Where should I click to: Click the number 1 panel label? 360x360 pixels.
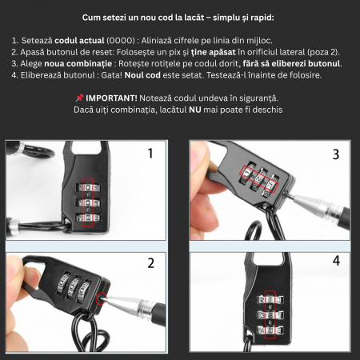point(150,154)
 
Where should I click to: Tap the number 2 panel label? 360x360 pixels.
point(151,263)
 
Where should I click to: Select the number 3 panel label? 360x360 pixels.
point(336,154)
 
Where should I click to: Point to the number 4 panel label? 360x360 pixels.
point(336,261)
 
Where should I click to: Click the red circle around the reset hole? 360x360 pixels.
point(101,298)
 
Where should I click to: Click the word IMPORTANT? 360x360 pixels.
point(111,98)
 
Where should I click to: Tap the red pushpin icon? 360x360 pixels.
point(79,98)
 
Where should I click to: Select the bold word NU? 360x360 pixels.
point(195,110)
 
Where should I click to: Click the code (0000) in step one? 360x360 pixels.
point(121,41)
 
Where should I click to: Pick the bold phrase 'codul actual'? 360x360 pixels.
point(79,41)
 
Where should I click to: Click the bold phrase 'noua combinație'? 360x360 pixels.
point(78,64)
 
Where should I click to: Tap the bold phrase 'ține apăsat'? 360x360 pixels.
point(214,52)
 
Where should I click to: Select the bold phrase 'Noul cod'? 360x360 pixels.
point(142,75)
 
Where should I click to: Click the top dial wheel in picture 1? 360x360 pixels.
point(88,188)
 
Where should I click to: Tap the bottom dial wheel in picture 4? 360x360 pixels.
point(270,330)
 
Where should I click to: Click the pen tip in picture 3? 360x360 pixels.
point(293,198)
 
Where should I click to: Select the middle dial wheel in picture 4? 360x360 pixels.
point(270,315)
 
